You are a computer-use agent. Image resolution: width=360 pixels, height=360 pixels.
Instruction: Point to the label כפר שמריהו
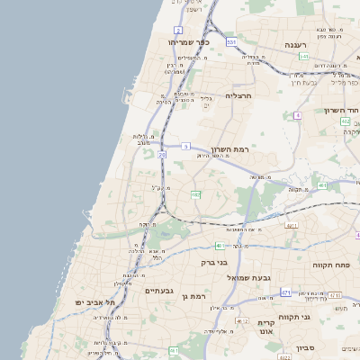pos(188,41)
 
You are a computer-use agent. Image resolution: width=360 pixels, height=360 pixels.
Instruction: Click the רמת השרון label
pos(229,148)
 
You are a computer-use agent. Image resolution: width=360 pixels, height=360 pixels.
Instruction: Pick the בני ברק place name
pos(214,263)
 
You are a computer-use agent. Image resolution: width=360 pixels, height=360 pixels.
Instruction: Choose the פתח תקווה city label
pos(330,265)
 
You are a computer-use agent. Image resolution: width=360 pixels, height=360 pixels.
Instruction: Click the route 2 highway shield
pos(179,30)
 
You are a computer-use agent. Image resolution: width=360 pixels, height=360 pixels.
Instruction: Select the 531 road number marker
pos(232,41)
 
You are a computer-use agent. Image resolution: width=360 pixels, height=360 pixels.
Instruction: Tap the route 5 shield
pos(185,145)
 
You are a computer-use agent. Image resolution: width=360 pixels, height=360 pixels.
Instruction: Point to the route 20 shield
pos(163,155)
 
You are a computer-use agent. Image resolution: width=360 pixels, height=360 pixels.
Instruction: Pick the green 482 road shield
pos(195,193)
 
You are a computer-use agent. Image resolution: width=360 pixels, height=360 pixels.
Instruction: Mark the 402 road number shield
pos(346,120)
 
